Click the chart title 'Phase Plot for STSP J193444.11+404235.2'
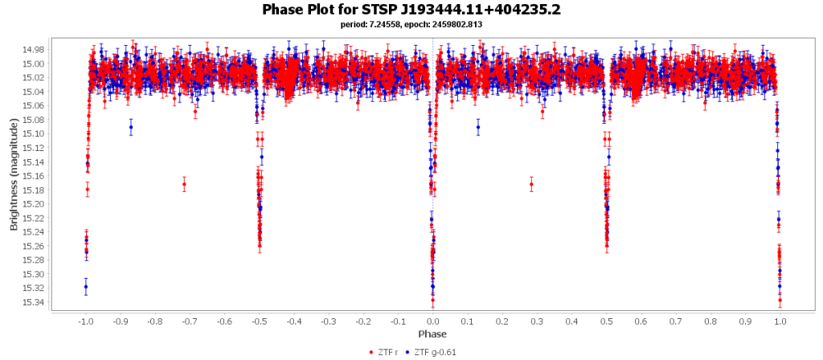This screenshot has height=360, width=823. click(411, 10)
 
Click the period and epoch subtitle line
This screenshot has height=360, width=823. click(411, 24)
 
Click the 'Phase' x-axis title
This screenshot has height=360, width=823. click(432, 333)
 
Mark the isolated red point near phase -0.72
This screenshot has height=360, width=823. click(184, 184)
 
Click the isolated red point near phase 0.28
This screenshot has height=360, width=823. click(531, 184)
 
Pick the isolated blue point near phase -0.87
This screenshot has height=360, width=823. click(131, 127)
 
